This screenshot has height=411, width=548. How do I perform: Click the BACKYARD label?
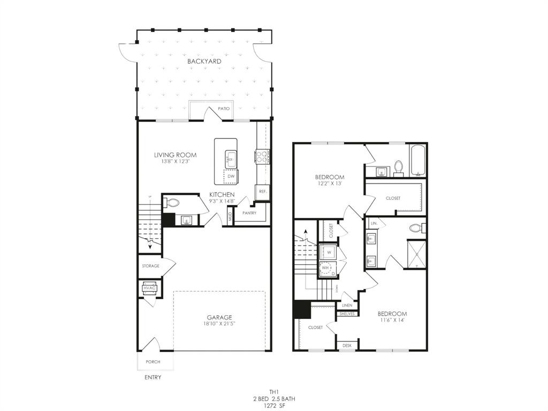[204, 62]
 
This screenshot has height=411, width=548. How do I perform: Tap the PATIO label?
[224, 109]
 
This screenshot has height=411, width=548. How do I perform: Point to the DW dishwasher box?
[231, 176]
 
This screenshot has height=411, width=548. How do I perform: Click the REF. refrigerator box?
[263, 192]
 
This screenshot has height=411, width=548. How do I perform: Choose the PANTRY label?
[249, 213]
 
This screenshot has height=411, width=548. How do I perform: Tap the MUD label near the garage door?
[230, 217]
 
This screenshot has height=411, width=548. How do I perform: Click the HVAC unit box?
[149, 288]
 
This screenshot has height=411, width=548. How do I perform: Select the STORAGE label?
[150, 266]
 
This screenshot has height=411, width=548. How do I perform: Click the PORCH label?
[153, 362]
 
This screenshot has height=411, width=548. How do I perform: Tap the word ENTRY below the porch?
[153, 377]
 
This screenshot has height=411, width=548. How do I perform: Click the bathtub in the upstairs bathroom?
[418, 160]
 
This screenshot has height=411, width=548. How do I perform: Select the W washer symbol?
[328, 252]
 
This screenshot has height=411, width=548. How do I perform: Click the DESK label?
[347, 346]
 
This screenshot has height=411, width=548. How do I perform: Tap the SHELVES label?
[347, 314]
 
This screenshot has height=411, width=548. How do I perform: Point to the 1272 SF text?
[274, 407]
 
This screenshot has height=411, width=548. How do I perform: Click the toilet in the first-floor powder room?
[172, 203]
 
